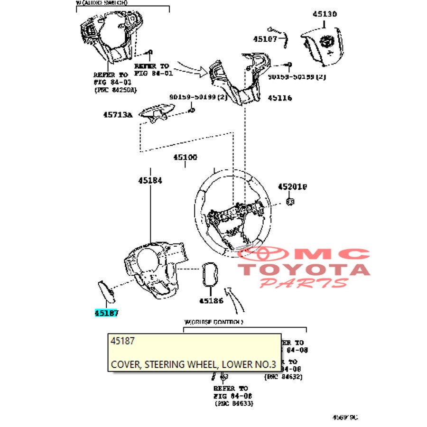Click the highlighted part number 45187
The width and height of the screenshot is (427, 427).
[x=106, y=313]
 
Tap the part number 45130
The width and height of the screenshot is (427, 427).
[x=325, y=14]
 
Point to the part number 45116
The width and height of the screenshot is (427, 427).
[x=280, y=98]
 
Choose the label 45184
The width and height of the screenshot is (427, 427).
[x=150, y=180]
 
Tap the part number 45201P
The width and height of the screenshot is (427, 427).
[x=292, y=187]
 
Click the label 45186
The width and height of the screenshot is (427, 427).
[x=211, y=300]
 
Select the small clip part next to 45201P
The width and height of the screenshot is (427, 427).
[x=290, y=202]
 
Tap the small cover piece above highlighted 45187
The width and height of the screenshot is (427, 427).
[x=106, y=291]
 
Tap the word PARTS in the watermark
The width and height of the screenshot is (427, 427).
[x=304, y=283]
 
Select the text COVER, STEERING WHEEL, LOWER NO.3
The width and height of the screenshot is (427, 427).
[x=193, y=364]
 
